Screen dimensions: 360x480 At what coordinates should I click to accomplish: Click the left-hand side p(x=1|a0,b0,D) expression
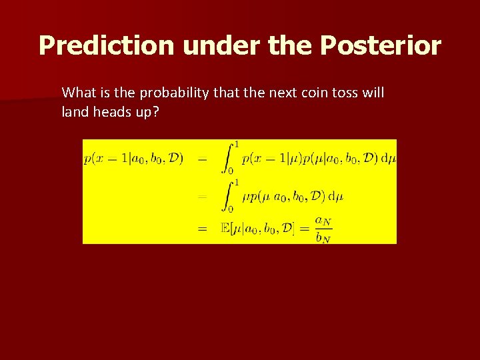coord(133,159)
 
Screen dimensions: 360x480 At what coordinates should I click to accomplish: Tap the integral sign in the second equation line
coord(227,195)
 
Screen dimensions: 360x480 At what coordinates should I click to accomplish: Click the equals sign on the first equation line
coord(202,159)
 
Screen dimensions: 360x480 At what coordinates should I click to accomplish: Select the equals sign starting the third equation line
coord(202,228)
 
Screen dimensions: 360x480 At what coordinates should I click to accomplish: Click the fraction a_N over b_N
coord(323,228)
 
